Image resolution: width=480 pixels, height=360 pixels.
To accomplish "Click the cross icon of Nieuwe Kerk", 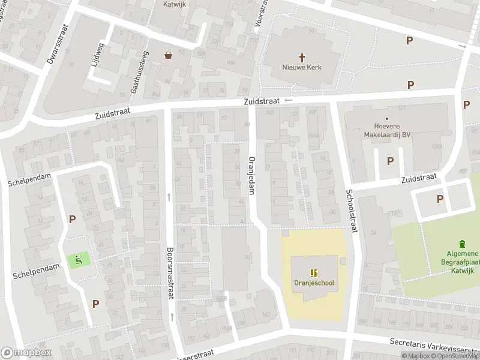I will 302,56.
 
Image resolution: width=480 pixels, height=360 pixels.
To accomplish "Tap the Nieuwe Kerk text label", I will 302,67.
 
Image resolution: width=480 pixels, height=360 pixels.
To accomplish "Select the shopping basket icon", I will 169,55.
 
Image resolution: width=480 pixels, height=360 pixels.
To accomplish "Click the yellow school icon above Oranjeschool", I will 313,272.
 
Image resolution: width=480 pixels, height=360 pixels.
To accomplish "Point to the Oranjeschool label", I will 314,283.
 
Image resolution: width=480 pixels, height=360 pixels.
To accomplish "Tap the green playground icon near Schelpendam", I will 78,260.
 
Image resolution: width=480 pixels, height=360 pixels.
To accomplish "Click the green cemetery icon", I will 461,244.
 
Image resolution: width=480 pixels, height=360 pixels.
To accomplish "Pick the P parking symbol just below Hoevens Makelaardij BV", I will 391,161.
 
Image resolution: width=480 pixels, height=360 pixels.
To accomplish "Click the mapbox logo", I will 26,352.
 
